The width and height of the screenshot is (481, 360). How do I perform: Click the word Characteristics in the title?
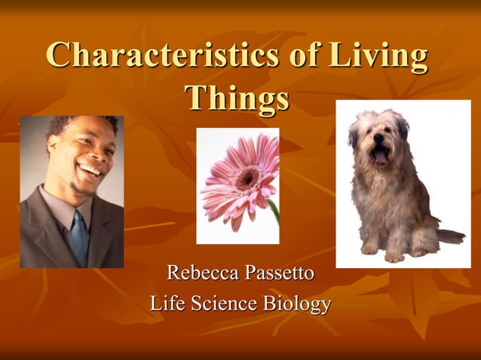pos(154,56)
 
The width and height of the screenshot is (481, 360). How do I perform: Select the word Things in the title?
pos(237,99)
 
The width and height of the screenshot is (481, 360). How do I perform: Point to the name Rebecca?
pos(201,272)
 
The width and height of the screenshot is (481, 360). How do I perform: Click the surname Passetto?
pos(277,272)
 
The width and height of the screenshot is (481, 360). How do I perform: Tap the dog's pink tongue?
pos(381,158)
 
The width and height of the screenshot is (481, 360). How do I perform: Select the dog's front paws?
pos(381,252)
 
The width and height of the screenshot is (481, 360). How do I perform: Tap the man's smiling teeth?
pos(90,170)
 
